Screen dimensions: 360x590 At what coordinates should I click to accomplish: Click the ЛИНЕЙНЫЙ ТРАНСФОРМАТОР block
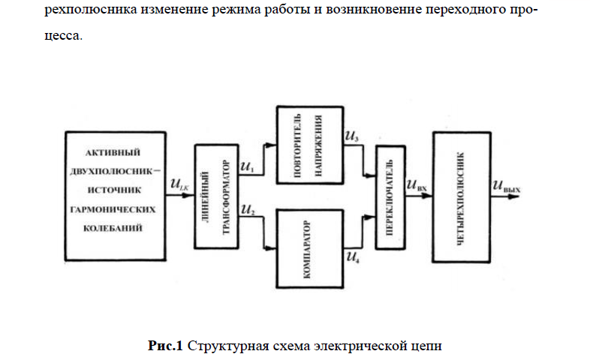215,196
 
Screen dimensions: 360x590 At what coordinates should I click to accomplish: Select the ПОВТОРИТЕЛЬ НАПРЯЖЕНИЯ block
308,145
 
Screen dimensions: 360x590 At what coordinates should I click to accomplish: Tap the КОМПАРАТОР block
308,248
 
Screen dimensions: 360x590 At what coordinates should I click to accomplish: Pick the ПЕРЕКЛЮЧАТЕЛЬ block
389,196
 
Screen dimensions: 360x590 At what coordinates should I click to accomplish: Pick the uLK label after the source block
180,184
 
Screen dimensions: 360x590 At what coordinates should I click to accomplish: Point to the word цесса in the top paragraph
62,34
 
